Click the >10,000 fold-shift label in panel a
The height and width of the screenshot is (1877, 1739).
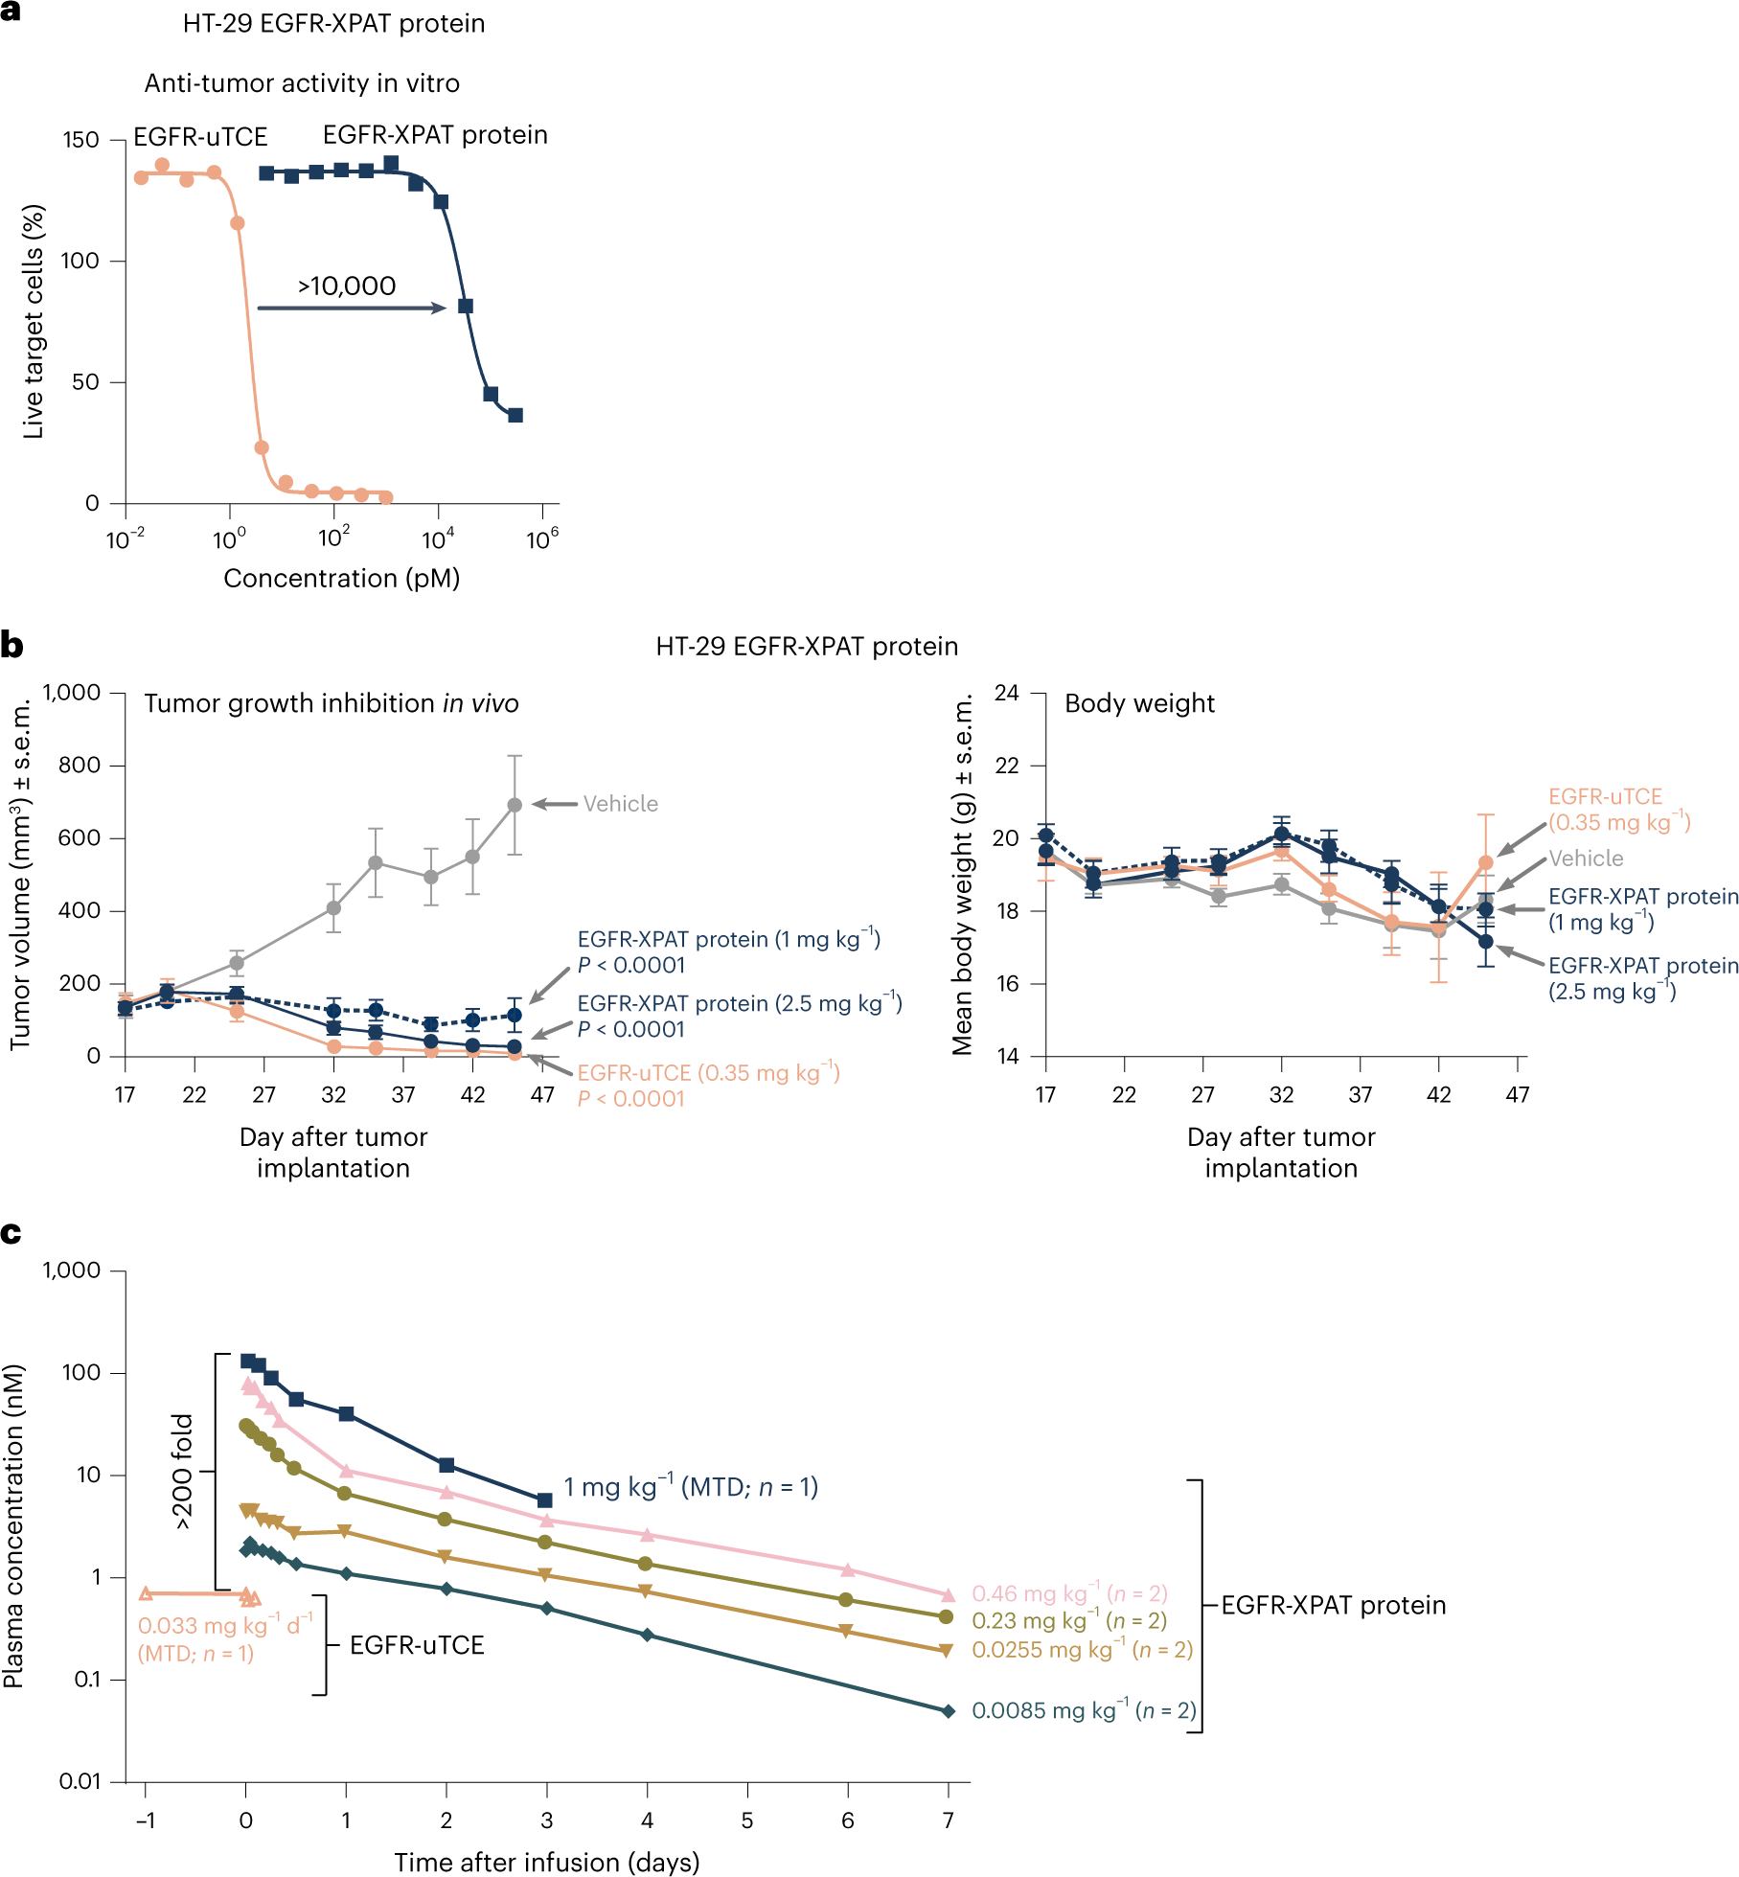[x=346, y=286]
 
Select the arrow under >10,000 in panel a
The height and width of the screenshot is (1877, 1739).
[x=352, y=308]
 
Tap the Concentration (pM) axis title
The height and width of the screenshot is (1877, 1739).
[x=341, y=579]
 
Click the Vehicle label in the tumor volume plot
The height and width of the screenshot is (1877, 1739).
[x=620, y=804]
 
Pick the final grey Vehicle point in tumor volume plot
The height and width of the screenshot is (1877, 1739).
[x=515, y=806]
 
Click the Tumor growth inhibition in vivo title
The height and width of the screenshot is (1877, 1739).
[x=331, y=703]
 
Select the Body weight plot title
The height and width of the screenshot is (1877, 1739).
[x=1139, y=703]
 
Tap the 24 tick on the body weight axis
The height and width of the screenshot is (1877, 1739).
[x=1006, y=693]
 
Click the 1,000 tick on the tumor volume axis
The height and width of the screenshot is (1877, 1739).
[x=72, y=693]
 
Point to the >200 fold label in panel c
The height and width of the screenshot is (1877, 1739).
[x=182, y=1471]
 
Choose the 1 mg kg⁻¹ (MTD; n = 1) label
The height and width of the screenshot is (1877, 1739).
[x=690, y=1487]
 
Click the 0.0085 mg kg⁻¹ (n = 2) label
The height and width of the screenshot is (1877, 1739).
[x=1084, y=1710]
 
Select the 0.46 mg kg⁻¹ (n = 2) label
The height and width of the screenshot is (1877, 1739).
[x=1069, y=1593]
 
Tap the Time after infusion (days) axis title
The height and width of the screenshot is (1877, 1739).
[x=546, y=1862]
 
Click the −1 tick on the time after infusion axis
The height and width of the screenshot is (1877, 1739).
[x=146, y=1820]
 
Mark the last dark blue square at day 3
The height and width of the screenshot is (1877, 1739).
[x=545, y=1499]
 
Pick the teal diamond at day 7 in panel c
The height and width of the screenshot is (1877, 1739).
[x=949, y=1711]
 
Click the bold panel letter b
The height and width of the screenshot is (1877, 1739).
[x=11, y=646]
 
